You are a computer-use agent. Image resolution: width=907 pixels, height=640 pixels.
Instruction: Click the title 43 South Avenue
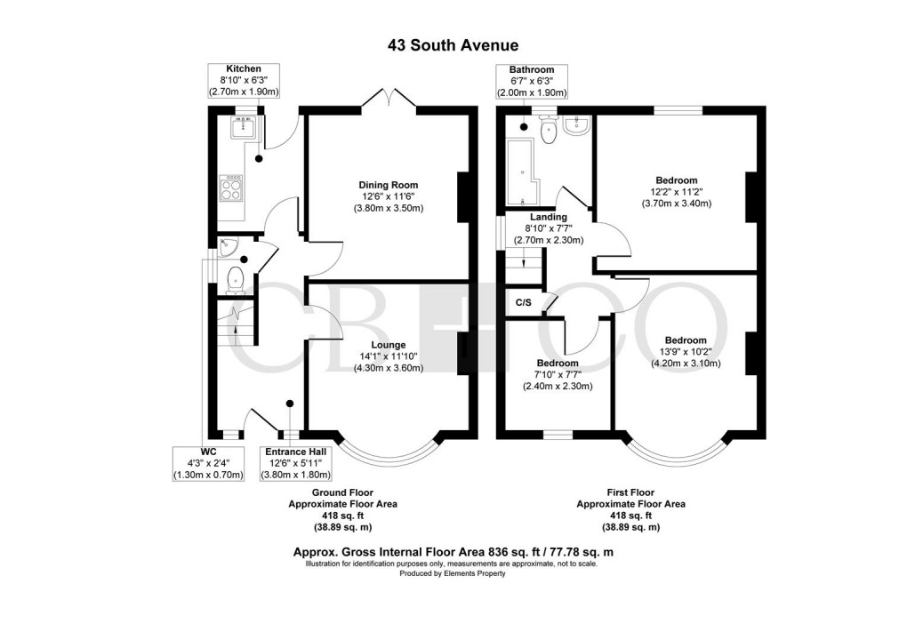pos(453,44)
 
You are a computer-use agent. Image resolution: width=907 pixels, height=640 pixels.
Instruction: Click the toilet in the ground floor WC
pos(235,279)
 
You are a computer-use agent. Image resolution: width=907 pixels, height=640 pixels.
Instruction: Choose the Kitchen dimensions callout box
pos(244,80)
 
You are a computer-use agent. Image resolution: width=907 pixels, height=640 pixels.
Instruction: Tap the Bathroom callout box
pos(532,81)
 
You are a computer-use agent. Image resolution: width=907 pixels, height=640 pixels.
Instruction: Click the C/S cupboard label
pos(524,303)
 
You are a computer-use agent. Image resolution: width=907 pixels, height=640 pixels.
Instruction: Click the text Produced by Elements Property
pos(453,573)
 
